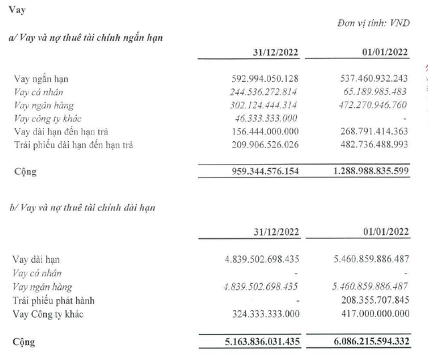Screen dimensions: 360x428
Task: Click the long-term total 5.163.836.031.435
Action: tap(255, 343)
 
